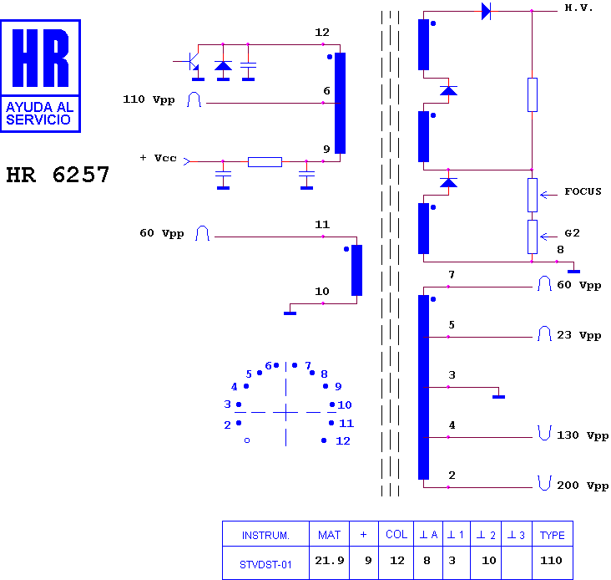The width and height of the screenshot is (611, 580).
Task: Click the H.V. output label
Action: [578, 8]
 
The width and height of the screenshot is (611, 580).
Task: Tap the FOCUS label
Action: [583, 191]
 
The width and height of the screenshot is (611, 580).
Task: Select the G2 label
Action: [572, 233]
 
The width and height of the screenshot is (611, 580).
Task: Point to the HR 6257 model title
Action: [58, 175]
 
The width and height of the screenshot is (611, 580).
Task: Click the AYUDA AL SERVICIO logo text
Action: [39, 113]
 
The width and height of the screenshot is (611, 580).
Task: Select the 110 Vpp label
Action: [149, 99]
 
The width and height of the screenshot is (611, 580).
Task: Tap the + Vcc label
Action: [159, 158]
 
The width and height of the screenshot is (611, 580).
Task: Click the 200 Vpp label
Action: [583, 486]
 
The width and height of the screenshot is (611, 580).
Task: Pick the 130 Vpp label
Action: [583, 435]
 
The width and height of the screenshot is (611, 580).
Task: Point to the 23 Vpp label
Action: [578, 335]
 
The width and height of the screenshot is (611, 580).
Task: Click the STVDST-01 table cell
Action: [265, 564]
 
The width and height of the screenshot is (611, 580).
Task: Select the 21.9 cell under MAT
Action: [329, 561]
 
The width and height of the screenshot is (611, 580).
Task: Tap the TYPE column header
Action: [552, 535]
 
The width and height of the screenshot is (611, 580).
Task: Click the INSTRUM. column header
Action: [265, 535]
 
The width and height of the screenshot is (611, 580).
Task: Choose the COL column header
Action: [396, 534]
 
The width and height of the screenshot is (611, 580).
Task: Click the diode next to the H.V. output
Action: [486, 11]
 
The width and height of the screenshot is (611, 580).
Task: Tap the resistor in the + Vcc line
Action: [265, 162]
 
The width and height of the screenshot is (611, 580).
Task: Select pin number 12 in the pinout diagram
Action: [342, 441]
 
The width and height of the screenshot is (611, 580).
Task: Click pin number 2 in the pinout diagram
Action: [227, 425]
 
